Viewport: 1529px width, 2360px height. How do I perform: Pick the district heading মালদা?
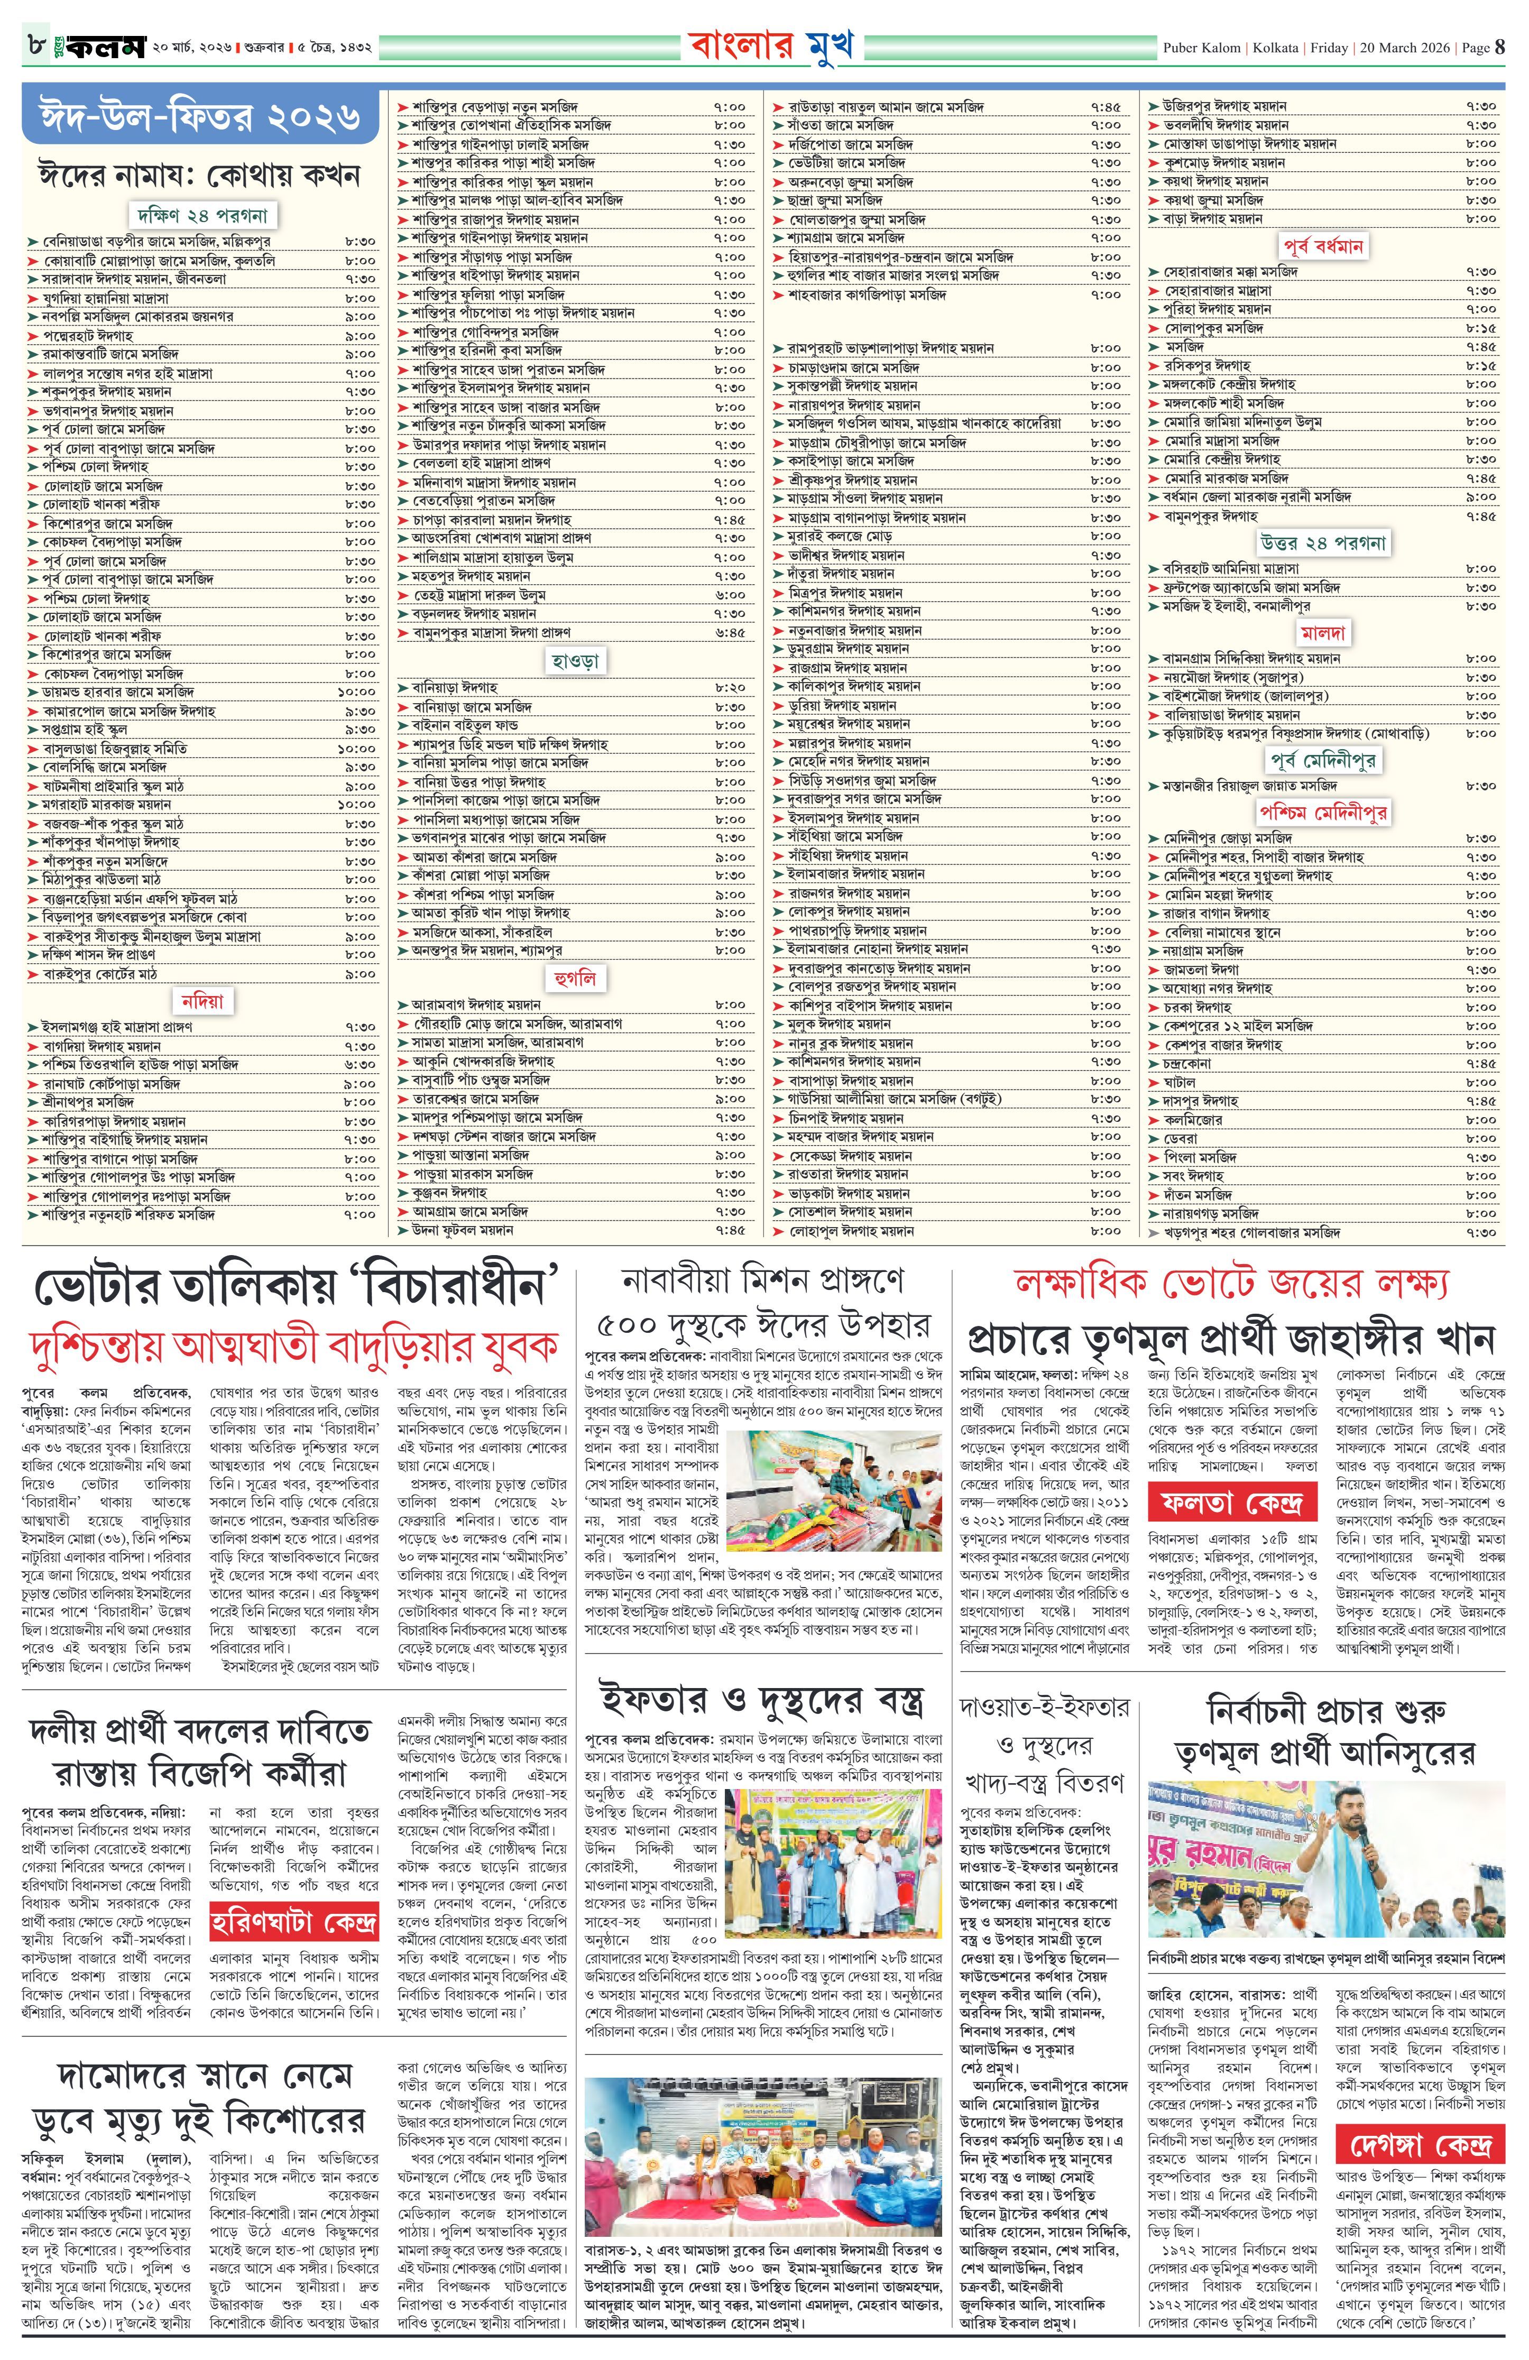tap(1323, 633)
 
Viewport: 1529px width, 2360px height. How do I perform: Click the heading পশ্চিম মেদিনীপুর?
tap(1323, 812)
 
